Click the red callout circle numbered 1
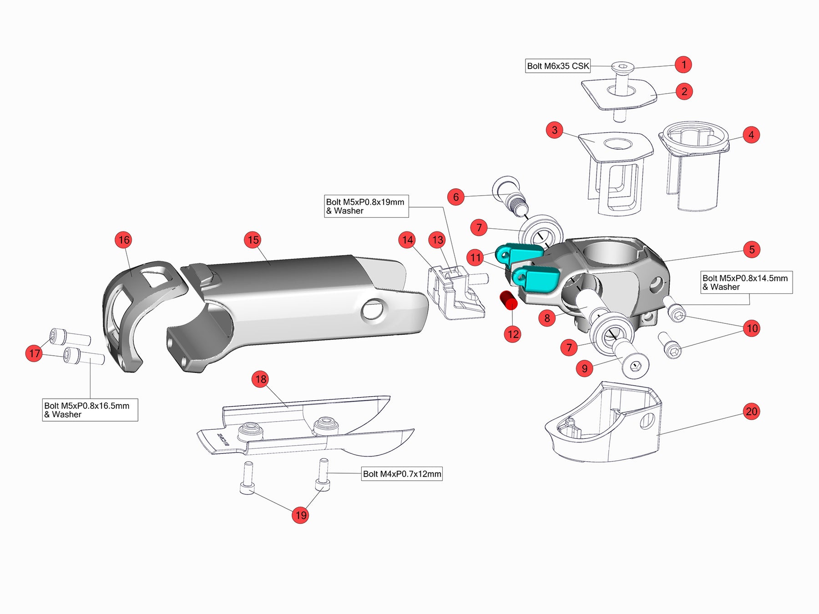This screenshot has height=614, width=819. pyautogui.click(x=683, y=65)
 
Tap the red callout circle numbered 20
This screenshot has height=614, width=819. pyautogui.click(x=751, y=412)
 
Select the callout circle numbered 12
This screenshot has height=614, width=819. pyautogui.click(x=513, y=334)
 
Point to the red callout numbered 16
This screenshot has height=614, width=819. pyautogui.click(x=124, y=240)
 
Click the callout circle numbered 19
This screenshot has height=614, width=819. pyautogui.click(x=300, y=515)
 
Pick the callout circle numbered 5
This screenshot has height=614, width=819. pyautogui.click(x=752, y=249)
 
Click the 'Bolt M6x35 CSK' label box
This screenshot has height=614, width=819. pyautogui.click(x=558, y=66)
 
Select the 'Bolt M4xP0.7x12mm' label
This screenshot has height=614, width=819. pyautogui.click(x=402, y=474)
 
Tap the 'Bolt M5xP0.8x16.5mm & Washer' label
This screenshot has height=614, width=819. pyautogui.click(x=90, y=410)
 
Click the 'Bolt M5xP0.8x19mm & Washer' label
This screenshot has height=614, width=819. pyautogui.click(x=366, y=206)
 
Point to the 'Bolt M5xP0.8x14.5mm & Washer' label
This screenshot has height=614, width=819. pyautogui.click(x=746, y=282)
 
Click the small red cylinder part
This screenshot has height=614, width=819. pyautogui.click(x=509, y=301)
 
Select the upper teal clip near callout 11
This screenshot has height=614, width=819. pyautogui.click(x=519, y=253)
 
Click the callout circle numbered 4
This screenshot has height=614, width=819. pyautogui.click(x=751, y=135)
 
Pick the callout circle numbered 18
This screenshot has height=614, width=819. pyautogui.click(x=261, y=379)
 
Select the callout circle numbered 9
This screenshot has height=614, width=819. pyautogui.click(x=585, y=368)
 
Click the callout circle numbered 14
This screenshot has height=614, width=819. pyautogui.click(x=407, y=240)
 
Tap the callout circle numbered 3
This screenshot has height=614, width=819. pyautogui.click(x=554, y=130)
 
